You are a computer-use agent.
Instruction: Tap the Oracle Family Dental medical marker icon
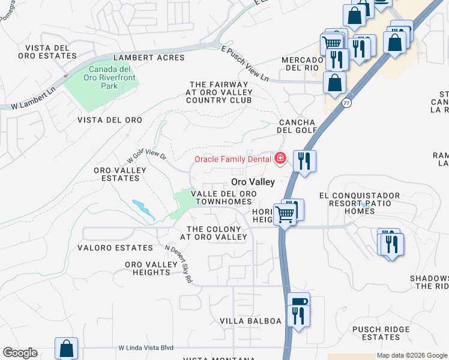pos(280,159)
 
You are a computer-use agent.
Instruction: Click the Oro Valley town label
pos(253,182)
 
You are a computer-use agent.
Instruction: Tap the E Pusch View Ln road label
pos(245,64)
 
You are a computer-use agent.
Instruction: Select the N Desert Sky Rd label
pos(179,263)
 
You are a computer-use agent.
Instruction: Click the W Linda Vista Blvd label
pos(146,348)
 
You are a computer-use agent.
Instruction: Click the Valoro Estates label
pos(115,248)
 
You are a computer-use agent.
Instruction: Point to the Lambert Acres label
pos(141,58)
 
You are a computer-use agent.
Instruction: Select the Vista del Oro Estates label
pos(51,52)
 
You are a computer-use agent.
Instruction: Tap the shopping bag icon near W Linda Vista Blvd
pos(66,348)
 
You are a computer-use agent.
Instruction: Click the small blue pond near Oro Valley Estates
pos(144,208)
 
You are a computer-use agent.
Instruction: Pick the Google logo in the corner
pos(20,353)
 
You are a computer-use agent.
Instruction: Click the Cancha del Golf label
pos(297,126)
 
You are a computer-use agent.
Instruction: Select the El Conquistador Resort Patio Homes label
pos(368,203)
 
